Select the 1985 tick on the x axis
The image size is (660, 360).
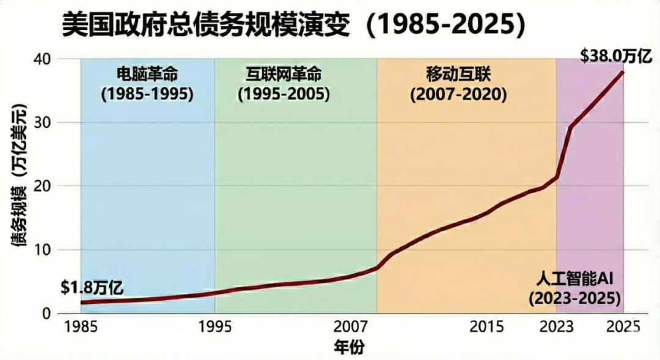[81, 326]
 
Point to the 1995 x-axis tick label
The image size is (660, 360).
[215, 326]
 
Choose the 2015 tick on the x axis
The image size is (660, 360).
[486, 326]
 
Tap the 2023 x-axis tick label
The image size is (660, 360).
[556, 326]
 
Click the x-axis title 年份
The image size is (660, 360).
[348, 347]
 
